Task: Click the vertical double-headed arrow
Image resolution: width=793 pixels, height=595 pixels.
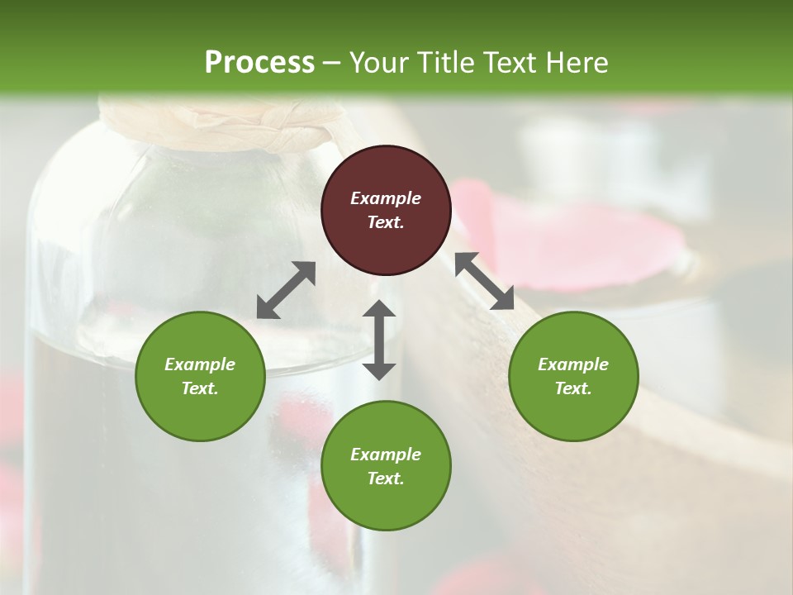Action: click(x=379, y=340)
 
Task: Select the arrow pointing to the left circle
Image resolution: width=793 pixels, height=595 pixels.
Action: click(x=286, y=290)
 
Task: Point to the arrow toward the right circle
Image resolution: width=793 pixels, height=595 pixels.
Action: click(x=484, y=281)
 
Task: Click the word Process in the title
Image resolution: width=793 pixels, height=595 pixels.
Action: click(x=259, y=62)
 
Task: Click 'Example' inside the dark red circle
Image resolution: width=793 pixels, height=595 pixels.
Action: click(x=386, y=198)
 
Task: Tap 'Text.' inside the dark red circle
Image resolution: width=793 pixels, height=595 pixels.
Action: click(x=386, y=222)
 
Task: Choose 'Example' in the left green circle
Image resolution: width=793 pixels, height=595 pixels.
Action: click(x=200, y=364)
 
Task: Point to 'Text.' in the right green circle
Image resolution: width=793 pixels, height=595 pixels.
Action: click(x=573, y=388)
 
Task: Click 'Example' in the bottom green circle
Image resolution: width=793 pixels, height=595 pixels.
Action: click(x=386, y=455)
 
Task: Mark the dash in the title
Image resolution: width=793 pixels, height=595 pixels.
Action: click(x=332, y=63)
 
